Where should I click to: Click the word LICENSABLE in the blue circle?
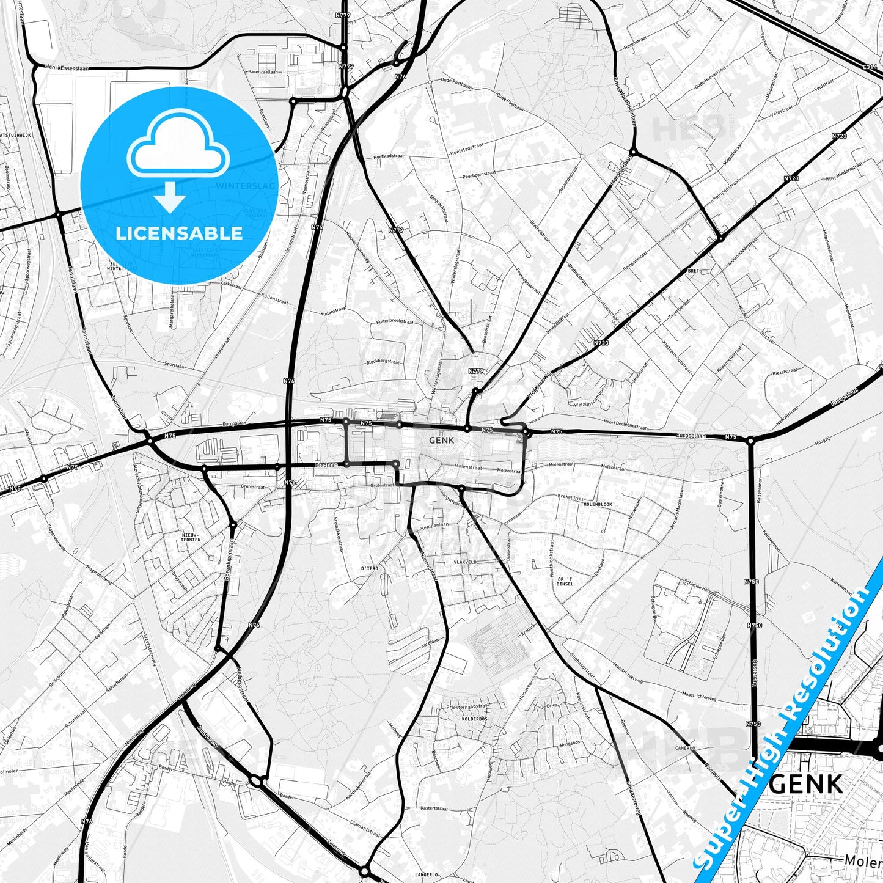179,233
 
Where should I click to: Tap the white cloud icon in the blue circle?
178,149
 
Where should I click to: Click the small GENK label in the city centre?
441,440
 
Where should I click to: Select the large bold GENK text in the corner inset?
807,784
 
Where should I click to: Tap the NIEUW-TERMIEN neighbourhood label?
191,537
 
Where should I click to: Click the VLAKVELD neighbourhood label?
465,562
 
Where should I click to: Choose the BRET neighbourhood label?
693,269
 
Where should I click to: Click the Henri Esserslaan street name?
64,69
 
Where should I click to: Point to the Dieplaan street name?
326,465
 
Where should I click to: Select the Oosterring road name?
755,676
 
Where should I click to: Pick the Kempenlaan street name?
435,524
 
